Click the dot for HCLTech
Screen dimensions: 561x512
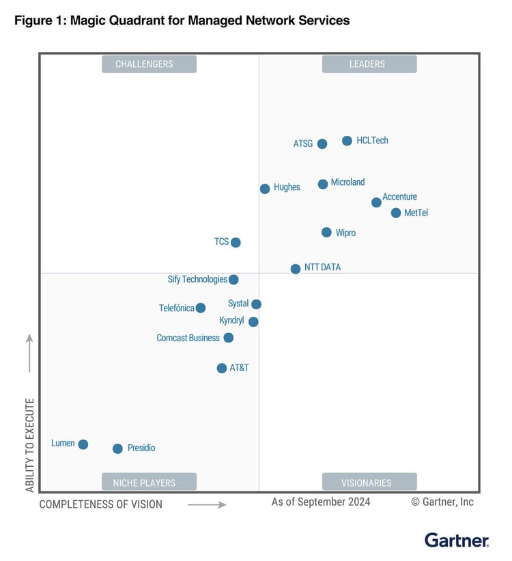pos(347,141)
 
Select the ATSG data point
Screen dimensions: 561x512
pos(322,144)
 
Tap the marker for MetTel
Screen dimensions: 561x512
pos(396,213)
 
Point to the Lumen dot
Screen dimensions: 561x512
pos(83,444)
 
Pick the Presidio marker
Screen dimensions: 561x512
pos(117,448)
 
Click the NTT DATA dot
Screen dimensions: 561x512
pos(296,269)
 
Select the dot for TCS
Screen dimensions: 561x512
pos(236,242)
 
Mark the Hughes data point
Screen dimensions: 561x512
pos(265,188)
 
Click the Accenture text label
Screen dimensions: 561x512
pos(399,197)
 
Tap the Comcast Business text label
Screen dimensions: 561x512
pos(188,338)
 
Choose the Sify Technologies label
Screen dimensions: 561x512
pos(197,279)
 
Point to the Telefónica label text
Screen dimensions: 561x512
pos(177,308)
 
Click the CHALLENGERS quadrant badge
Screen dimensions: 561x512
pos(149,64)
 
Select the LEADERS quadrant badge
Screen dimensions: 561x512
pos(369,64)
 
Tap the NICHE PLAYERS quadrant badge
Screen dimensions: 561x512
pos(149,483)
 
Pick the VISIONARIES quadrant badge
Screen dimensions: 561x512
pos(369,483)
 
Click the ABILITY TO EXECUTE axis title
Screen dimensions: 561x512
pos(30,445)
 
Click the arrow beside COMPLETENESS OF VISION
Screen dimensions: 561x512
pos(206,504)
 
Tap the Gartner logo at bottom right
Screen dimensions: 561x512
pos(456,541)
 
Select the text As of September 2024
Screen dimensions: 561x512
pos(321,502)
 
